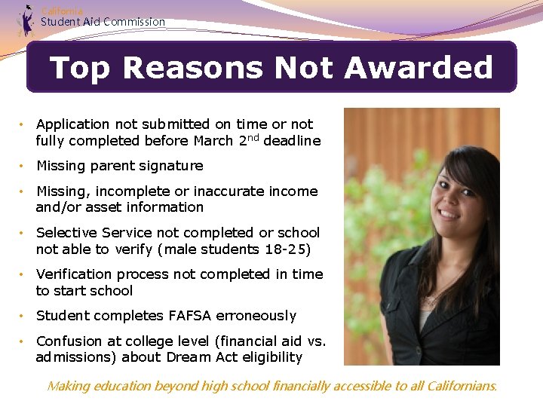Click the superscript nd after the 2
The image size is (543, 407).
[252, 137]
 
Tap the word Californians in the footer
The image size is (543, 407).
[462, 386]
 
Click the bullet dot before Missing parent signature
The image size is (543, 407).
[24, 166]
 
